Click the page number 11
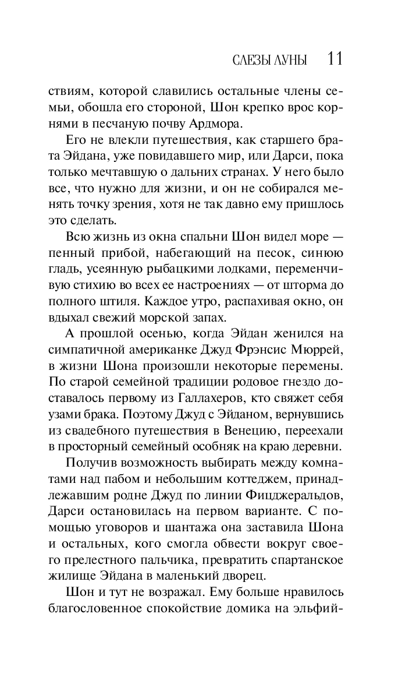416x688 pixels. tap(335, 59)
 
